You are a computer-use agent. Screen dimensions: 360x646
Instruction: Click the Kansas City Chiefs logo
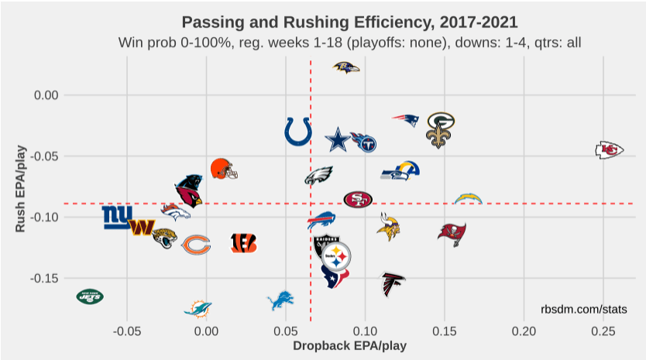click(x=610, y=150)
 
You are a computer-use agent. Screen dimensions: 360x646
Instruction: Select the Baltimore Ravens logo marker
click(x=346, y=68)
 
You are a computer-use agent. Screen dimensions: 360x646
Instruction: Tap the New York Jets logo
click(x=90, y=296)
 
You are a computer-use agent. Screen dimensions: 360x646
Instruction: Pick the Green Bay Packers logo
click(x=441, y=121)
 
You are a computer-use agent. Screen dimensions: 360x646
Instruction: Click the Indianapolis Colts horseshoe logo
click(x=298, y=132)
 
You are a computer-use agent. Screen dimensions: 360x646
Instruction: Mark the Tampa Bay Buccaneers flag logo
click(x=451, y=233)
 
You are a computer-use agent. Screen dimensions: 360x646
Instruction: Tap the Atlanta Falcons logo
click(x=393, y=284)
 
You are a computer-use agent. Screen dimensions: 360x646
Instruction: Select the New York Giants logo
click(x=118, y=217)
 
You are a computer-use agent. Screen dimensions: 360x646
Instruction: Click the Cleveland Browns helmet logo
click(x=223, y=168)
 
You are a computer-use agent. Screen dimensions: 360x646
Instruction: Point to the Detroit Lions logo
click(x=280, y=300)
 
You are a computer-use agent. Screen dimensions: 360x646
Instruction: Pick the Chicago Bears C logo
click(x=196, y=245)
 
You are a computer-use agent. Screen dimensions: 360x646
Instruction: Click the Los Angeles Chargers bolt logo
click(x=468, y=199)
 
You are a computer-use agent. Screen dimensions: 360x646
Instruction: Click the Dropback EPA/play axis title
click(x=349, y=346)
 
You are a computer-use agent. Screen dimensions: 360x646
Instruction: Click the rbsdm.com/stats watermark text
click(x=583, y=310)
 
